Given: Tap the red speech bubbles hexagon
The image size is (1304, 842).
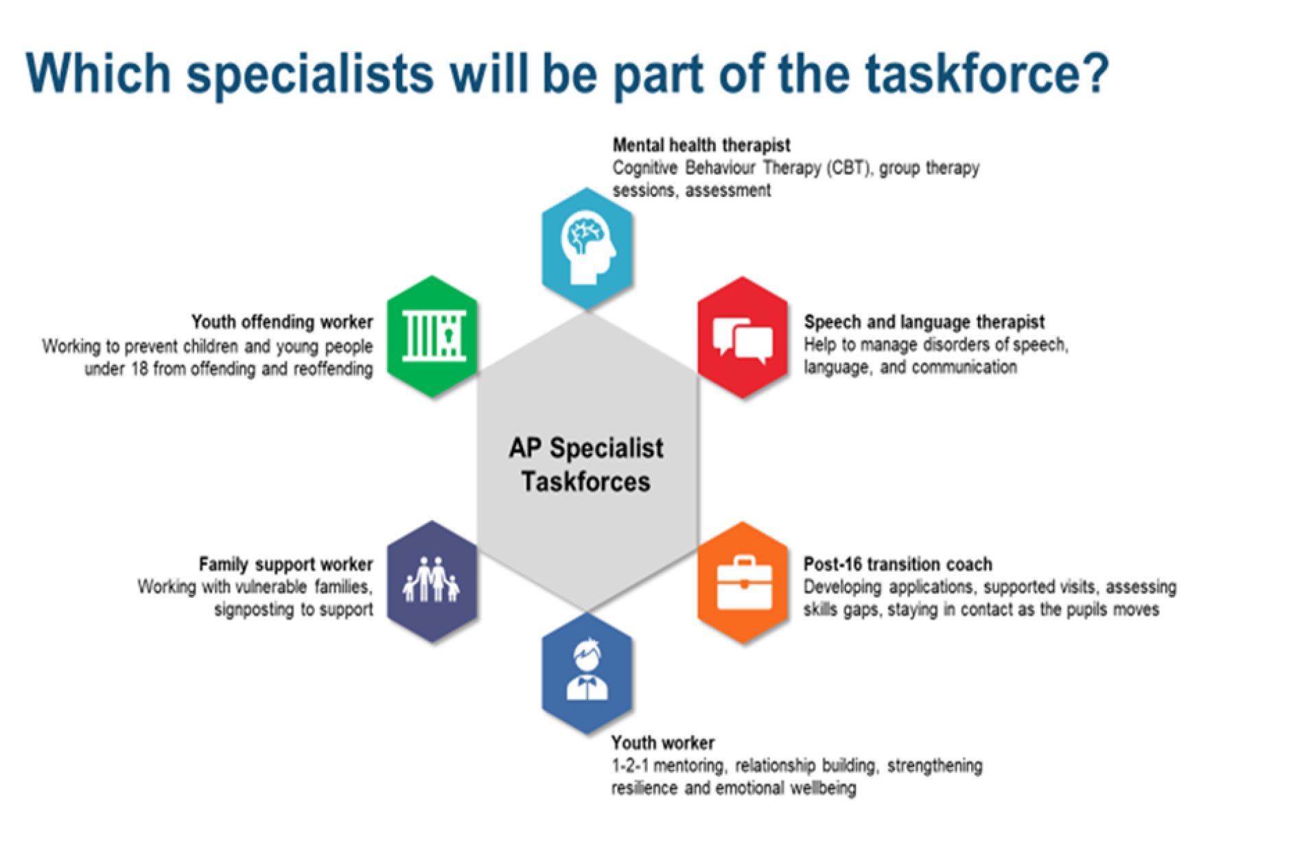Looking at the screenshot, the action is point(743,338).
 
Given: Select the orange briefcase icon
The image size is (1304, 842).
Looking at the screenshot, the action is point(744,583).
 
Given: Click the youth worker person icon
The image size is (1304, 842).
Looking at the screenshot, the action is point(587,670).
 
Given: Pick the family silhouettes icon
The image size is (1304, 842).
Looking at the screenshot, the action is point(432,580).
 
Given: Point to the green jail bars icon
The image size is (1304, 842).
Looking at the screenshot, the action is point(434,336).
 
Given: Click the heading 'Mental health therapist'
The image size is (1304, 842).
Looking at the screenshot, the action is point(701,145).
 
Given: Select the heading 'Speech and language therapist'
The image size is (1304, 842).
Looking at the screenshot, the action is point(924,322).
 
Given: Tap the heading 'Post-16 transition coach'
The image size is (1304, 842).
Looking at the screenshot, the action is point(898,564).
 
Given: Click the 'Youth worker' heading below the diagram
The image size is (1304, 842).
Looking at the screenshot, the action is point(662,742).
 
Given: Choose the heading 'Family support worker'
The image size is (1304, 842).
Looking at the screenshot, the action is point(286,564).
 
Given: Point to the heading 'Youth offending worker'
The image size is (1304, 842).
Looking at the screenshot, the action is point(282,322).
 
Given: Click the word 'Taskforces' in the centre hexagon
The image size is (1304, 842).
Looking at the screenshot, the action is point(585,482).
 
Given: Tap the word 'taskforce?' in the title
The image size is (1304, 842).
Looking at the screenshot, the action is point(986,73).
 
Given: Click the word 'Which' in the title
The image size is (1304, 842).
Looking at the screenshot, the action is point(98,73).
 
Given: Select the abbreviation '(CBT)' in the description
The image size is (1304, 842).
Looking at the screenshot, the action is point(848,168).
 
